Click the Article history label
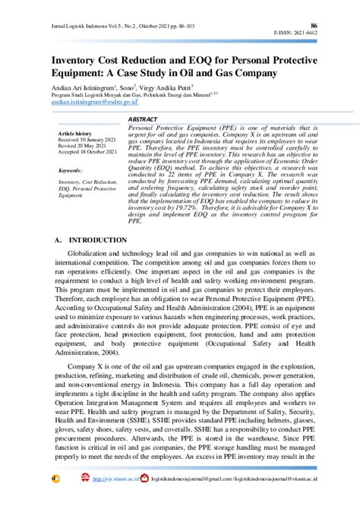(x=77, y=134)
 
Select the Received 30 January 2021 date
(x=87, y=140)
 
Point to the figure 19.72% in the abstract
(x=183, y=207)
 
